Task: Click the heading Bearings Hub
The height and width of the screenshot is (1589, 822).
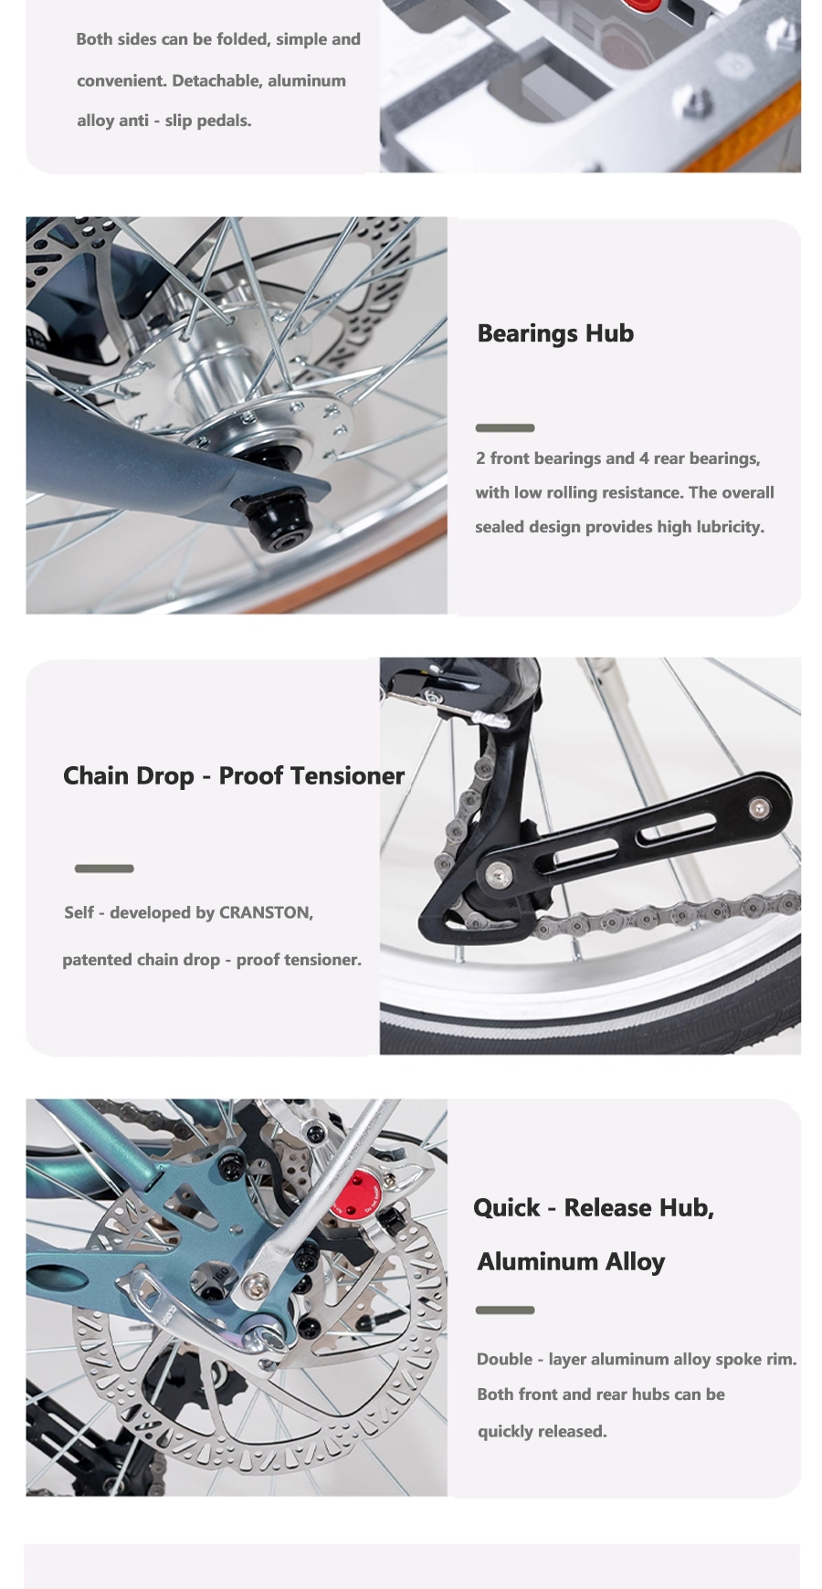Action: (555, 333)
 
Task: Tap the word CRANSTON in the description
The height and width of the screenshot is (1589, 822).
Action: (265, 912)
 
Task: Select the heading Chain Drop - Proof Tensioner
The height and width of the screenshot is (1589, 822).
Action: (234, 776)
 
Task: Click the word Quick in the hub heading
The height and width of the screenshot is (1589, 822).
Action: (507, 1208)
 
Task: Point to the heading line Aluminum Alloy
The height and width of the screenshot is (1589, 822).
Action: (571, 1262)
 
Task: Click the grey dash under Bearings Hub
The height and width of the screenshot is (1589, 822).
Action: (505, 428)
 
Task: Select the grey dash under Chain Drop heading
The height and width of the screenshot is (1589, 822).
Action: (104, 868)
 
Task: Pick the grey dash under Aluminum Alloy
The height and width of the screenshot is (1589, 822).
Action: (505, 1310)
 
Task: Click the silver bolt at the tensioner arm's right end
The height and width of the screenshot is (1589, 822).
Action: (758, 807)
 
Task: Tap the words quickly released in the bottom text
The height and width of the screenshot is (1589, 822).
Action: (543, 1431)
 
